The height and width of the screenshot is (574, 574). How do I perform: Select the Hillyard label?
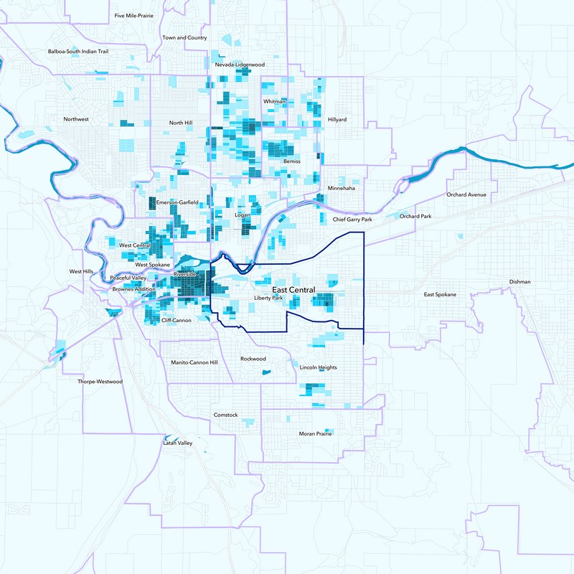coord(337,118)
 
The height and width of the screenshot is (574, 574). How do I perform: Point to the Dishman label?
coord(519,281)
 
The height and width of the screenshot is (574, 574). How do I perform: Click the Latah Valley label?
coord(176,443)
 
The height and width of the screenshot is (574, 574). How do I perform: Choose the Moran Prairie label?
coord(315,433)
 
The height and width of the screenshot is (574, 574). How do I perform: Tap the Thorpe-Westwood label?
coord(100,382)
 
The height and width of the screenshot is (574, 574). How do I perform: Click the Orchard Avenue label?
coord(466,194)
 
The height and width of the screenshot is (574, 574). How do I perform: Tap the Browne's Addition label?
coord(133,289)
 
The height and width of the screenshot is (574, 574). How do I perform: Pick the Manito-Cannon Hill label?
coord(194,362)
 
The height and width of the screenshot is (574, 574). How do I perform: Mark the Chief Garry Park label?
coord(352,220)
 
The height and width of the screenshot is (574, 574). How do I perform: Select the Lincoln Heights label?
coord(318,367)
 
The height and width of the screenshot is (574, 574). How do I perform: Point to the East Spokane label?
coord(440,294)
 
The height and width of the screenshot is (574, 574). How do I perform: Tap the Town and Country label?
coord(184,37)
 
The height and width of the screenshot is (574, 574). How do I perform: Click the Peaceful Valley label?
coord(128,278)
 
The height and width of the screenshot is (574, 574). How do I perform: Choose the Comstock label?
coord(225,415)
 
